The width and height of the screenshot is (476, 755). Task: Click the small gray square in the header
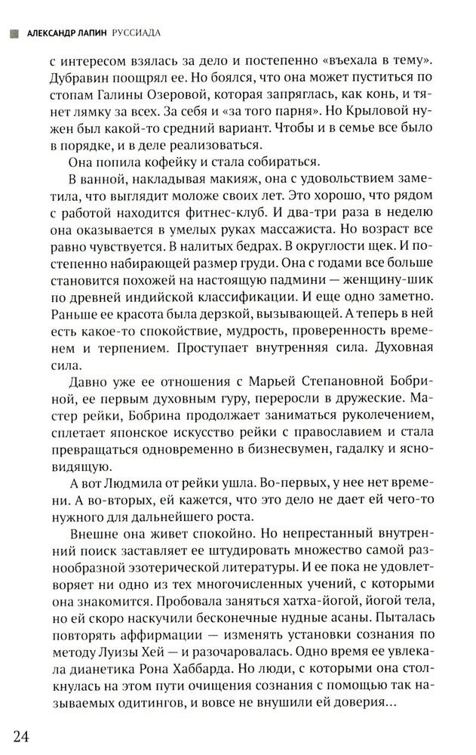pyautogui.click(x=10, y=32)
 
